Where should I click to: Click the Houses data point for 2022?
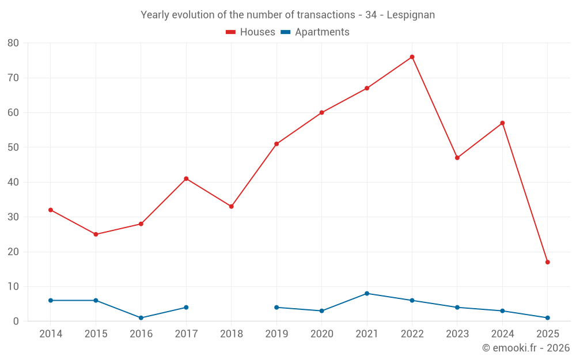coord(412,57)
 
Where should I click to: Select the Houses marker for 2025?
coord(547,262)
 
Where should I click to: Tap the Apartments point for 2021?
coord(367,294)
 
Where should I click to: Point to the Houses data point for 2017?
coord(186,179)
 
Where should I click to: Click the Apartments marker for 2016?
coord(141,318)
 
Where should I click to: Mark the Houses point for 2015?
coord(96,234)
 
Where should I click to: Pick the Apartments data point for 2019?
coord(276,308)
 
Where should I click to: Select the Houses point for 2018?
coord(232,206)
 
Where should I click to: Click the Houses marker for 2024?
coord(502,123)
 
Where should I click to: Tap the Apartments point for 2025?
coord(547,318)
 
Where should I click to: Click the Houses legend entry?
coord(251,32)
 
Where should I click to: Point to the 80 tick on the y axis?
coord(13,43)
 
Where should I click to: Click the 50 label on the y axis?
coord(13,147)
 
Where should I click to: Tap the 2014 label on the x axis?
coord(51,334)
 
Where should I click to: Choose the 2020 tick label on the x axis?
coord(322,334)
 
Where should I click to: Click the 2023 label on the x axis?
coord(457,334)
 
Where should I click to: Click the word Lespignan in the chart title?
coord(411,14)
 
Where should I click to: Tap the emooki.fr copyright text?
coord(525,348)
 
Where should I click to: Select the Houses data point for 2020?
coord(321,113)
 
